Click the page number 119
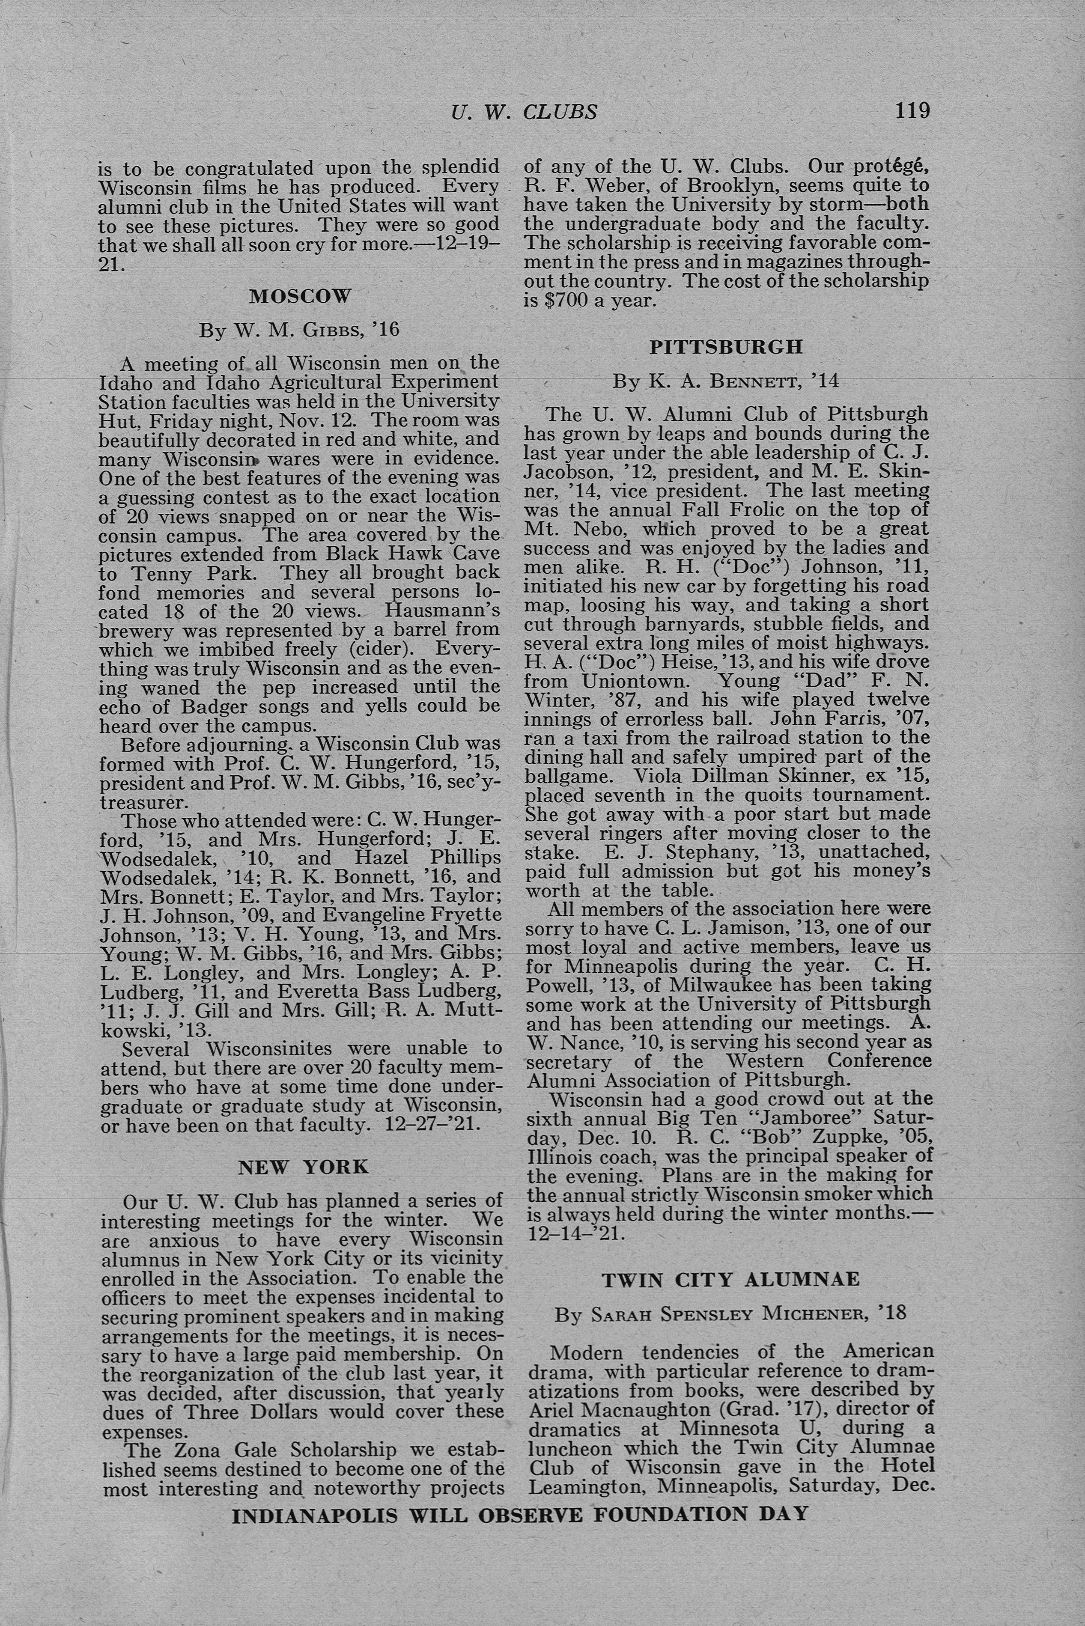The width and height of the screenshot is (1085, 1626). click(x=912, y=111)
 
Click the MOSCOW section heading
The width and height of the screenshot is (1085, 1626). click(x=300, y=297)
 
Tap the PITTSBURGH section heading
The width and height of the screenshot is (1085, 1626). click(x=726, y=347)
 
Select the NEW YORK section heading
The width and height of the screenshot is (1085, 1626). click(x=303, y=1167)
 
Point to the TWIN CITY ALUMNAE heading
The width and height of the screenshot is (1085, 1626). click(x=731, y=1279)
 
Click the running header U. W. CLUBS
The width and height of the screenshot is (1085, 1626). click(x=524, y=112)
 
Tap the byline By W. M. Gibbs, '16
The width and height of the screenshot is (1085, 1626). click(x=300, y=329)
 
